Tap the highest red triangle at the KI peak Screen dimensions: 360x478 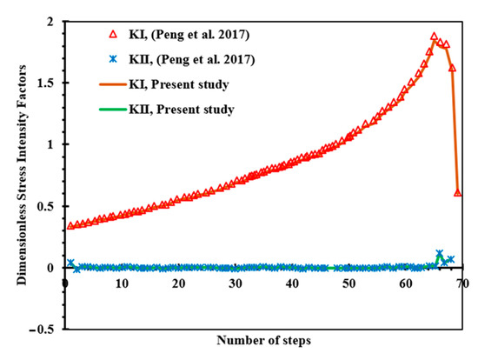pos(434,37)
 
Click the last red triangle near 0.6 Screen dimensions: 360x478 pos(458,193)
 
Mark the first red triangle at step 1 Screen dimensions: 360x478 pos(70,225)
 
